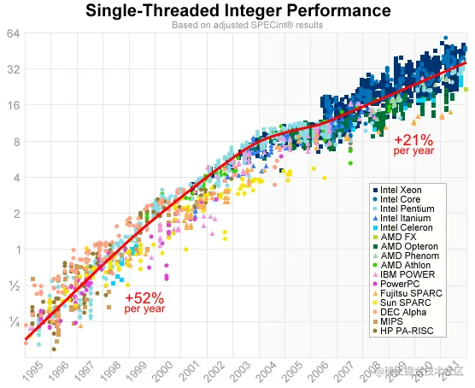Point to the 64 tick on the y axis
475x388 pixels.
[15, 34]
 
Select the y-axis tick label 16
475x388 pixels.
[15, 106]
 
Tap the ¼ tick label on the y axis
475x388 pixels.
[15, 321]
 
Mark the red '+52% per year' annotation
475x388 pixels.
[144, 303]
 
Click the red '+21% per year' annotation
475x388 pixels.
[413, 144]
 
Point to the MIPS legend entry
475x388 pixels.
[393, 321]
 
